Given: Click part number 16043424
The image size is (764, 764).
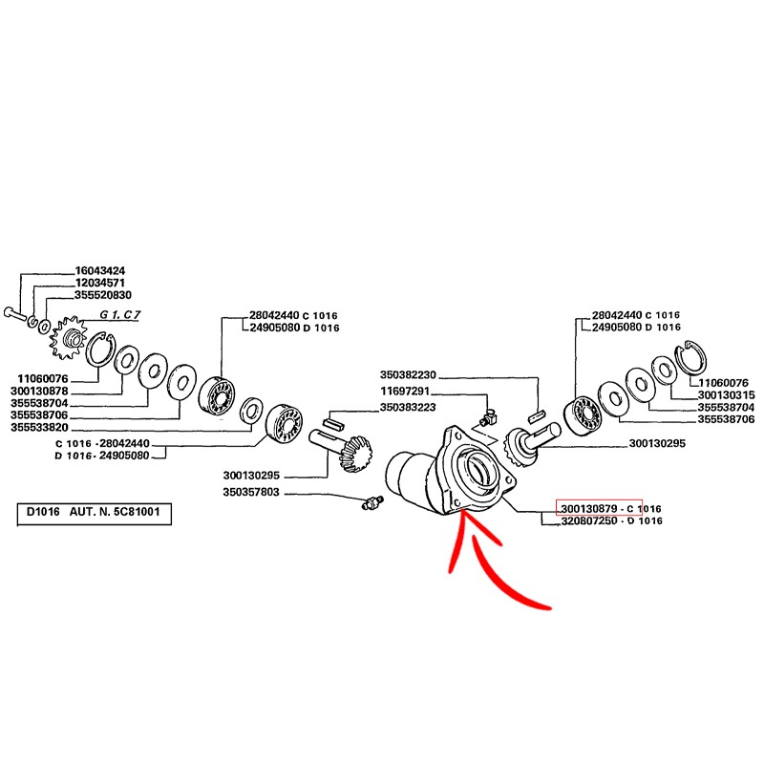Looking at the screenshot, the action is [100, 270].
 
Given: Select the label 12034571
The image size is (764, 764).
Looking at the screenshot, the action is [100, 283].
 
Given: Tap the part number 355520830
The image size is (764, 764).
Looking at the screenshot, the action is [103, 295].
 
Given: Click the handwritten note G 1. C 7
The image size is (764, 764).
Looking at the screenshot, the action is [120, 315].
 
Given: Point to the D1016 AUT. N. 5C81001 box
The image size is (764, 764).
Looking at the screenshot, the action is [94, 514].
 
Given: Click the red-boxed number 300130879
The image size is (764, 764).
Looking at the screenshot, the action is [589, 509].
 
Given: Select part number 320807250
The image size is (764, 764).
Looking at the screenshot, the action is [589, 520].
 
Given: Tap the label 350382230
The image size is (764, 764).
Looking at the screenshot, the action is [409, 374].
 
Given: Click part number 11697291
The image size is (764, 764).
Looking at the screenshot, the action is [405, 391].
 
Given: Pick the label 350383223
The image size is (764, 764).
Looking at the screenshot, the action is [408, 407].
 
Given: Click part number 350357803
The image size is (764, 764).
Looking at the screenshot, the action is [251, 492].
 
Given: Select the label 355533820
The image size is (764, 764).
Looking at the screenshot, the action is [39, 427].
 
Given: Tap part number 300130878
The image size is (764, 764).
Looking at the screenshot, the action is [39, 391].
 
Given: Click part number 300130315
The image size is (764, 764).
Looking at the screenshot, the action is [726, 394].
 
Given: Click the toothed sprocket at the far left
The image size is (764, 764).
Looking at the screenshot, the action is [68, 337].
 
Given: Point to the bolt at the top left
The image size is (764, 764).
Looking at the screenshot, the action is [13, 313].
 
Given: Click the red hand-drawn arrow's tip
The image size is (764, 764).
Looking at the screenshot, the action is [461, 511].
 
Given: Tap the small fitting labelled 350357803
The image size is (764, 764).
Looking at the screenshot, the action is [372, 502].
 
